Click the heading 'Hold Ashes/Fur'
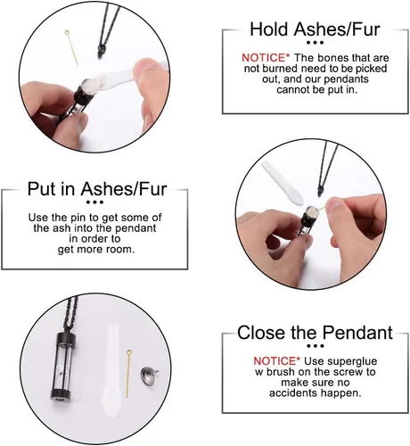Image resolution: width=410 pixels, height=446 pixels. [315, 29]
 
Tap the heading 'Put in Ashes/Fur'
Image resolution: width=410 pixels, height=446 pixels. [97, 189]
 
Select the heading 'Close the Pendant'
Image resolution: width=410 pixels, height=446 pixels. [315, 333]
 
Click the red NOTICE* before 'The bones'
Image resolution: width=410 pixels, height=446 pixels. [266, 58]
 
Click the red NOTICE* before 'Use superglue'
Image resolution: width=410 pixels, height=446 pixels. [277, 361]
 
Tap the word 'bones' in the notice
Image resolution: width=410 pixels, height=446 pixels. [333, 58]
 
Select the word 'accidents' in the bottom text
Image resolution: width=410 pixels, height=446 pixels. [293, 393]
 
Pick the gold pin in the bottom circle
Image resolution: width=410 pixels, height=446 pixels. [128, 374]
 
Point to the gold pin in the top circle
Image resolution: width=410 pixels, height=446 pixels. [71, 46]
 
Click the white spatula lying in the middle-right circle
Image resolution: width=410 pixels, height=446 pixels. [283, 183]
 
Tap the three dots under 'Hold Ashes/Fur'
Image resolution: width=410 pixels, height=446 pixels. [315, 43]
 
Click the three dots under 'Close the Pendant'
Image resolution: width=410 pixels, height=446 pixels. [315, 346]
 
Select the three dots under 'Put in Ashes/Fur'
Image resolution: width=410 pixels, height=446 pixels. [94, 202]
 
